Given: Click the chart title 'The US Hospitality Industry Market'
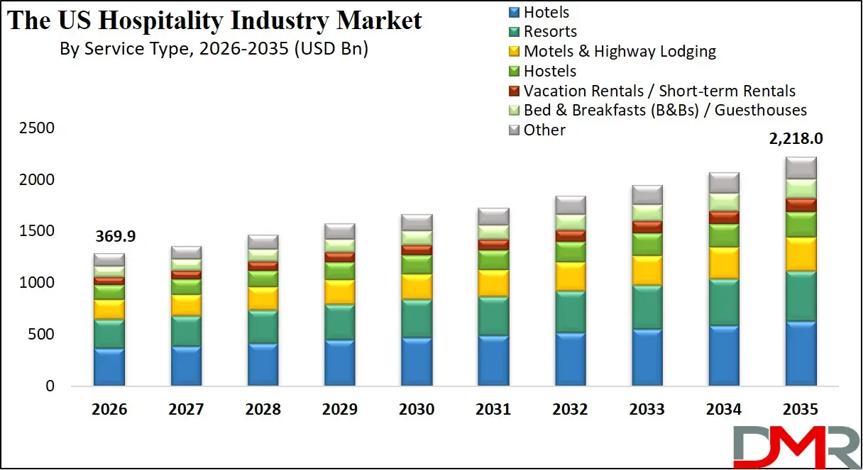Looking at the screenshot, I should tap(214, 20).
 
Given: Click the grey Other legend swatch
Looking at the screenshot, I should tap(515, 130).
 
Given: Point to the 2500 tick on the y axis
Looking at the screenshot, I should tap(37, 128).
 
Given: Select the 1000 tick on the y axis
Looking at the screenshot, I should tap(37, 283).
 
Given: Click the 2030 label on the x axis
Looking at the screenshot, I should tap(417, 409).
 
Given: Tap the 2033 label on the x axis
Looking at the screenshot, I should tap(647, 409).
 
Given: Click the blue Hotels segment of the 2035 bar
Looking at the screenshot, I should tap(801, 353).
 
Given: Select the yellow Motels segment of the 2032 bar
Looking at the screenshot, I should tap(570, 276).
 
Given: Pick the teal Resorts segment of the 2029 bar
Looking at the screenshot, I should tap(339, 323).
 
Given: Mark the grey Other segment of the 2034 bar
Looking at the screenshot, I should tap(724, 183).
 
